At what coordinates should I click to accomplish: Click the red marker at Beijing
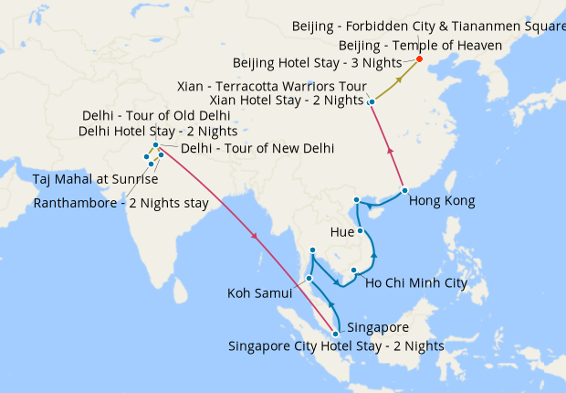pos(419,59)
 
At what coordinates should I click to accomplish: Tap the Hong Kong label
pos(442,201)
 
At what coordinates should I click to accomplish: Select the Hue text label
pos(342,232)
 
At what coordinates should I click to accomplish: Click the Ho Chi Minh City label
pos(415,283)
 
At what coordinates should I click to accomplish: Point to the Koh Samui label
pos(259,293)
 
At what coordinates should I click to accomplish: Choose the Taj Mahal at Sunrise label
pos(95,178)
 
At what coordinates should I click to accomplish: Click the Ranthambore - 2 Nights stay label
pos(121,202)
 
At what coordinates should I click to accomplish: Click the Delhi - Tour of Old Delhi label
pos(155,116)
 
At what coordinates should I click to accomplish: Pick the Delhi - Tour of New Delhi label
pos(257,148)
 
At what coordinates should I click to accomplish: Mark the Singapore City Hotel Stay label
pos(336,346)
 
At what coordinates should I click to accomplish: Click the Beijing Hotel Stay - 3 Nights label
pos(330,62)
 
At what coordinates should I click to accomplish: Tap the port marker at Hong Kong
pos(404,191)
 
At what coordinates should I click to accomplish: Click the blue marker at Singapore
pos(336,334)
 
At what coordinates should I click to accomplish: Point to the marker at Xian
pos(371,101)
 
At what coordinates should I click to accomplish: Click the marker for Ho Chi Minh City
pos(353,270)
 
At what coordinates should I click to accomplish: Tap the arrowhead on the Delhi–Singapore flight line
pos(255,238)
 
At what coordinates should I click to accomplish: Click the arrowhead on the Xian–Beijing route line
pos(398,80)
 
